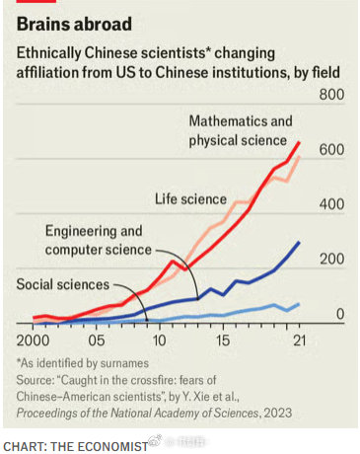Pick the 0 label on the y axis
(339, 314)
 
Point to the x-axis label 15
(223, 340)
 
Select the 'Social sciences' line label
(62, 284)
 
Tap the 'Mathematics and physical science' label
(241, 130)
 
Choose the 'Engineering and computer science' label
(94, 239)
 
